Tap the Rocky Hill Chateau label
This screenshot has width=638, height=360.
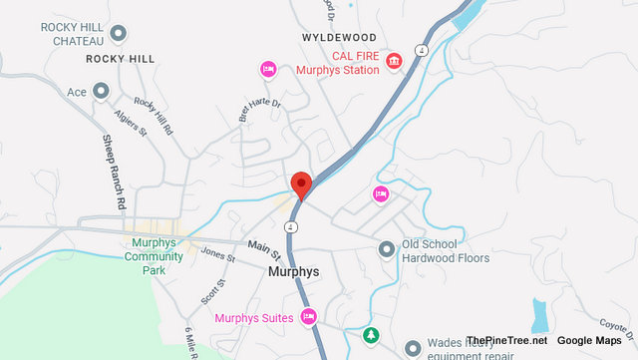[x=74, y=34]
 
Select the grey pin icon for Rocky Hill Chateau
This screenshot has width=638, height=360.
[x=119, y=34]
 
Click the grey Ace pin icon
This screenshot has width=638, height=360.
[x=100, y=92]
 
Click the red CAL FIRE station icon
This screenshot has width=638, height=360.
[x=395, y=62]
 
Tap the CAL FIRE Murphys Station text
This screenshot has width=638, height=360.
[x=339, y=62]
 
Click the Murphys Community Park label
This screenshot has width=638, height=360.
[x=154, y=256]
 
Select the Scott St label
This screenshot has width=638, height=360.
[x=211, y=291]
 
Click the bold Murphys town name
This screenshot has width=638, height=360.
[x=293, y=271]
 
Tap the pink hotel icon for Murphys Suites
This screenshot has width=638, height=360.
[x=309, y=317]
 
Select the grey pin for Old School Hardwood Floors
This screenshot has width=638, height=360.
[x=387, y=249]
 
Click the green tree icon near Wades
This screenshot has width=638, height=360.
[x=371, y=336]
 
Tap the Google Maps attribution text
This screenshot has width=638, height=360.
[x=589, y=341]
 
